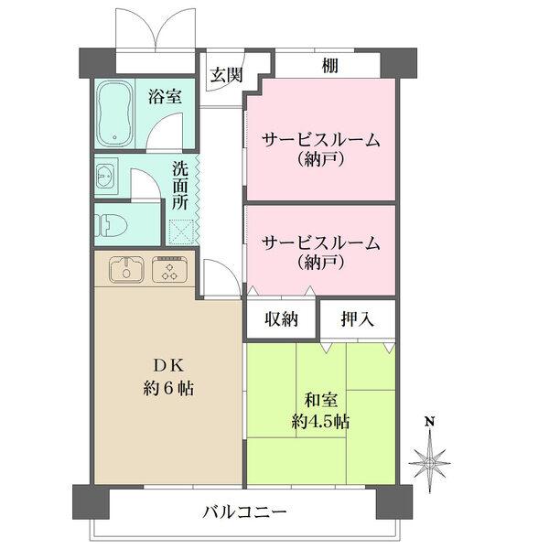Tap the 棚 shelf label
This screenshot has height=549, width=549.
coord(328,65)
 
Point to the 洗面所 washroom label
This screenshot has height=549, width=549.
coord(181,186)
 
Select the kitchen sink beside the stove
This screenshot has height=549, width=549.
coord(125,269)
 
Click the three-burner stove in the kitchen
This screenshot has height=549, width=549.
coord(167,269)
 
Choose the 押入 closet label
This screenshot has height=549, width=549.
coord(357,319)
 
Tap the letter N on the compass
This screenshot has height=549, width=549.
coord(428,422)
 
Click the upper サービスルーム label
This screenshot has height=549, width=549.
coord(320,140)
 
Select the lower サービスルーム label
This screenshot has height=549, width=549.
coord(320,243)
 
